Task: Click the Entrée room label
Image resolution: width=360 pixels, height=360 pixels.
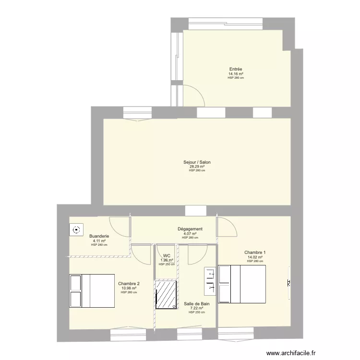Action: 236,69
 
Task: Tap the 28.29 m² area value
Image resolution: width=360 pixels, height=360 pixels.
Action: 197,167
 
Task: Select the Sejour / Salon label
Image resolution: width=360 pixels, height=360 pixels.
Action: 197,162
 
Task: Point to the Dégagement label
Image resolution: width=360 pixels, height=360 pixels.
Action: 190,229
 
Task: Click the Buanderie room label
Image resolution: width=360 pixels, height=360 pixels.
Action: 99,236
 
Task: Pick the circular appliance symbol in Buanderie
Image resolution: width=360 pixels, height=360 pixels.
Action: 76,230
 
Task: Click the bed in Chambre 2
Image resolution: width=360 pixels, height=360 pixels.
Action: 92,290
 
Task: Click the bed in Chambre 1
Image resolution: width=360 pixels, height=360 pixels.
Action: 242,284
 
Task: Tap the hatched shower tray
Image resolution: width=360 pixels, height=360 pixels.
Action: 166,294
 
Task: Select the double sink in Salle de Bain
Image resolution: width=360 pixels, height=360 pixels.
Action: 210,280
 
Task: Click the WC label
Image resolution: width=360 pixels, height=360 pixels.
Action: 167,256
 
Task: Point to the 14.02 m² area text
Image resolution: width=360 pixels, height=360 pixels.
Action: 255,257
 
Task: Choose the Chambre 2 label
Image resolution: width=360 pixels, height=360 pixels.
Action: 129,284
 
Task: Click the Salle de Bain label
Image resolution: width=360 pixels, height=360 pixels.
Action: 197,304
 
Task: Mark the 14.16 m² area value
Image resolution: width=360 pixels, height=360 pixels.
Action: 236,74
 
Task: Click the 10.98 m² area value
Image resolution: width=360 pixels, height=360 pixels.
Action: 129,288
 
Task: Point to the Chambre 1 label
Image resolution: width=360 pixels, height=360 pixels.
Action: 255,252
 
